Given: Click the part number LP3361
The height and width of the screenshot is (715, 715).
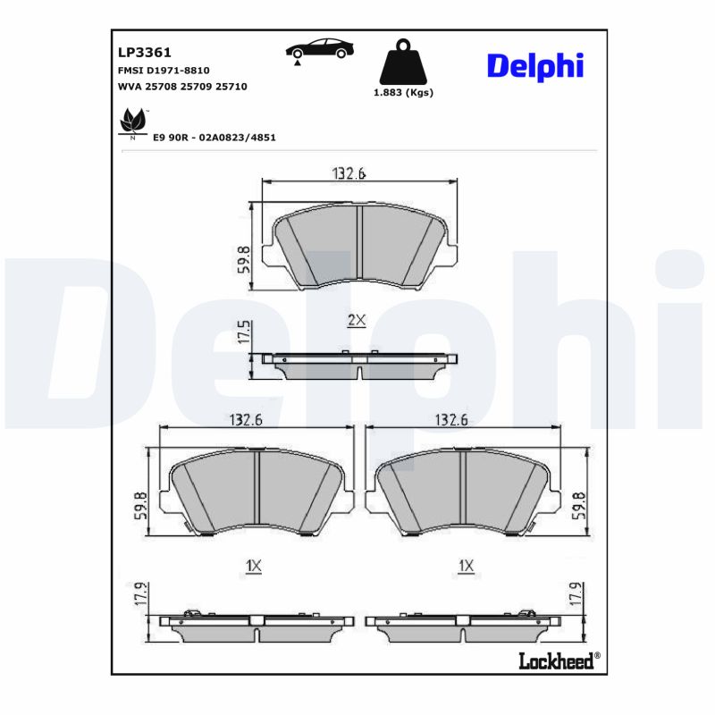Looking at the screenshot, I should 139,53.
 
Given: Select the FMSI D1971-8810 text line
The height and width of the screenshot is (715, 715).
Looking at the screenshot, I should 164,70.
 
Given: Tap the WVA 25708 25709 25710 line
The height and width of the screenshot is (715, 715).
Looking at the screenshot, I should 182,86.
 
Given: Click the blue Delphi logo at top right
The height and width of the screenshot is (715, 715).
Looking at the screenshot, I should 534,65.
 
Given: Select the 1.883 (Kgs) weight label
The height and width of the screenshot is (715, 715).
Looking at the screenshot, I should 403,93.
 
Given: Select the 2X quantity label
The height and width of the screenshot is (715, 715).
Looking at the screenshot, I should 356,319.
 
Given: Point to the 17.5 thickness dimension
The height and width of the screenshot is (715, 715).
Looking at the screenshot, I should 242,333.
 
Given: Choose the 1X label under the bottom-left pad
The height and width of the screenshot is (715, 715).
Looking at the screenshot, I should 254,566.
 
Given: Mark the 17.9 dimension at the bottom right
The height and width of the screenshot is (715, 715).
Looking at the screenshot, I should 577,596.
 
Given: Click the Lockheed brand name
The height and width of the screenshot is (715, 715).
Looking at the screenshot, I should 555,660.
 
